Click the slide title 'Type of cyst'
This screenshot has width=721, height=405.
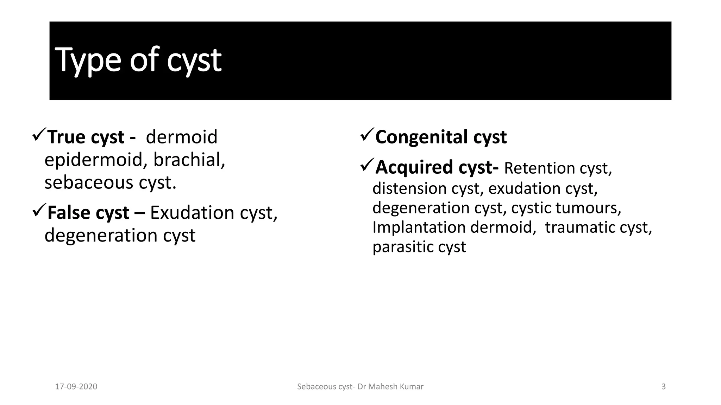coord(138,60)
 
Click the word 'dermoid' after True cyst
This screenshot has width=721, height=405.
coord(182,137)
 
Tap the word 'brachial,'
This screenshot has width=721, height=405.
coord(189,160)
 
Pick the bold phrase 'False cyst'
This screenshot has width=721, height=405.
coord(88,213)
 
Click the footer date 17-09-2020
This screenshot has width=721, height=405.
coord(76,387)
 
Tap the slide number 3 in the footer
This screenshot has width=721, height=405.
coord(663,387)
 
